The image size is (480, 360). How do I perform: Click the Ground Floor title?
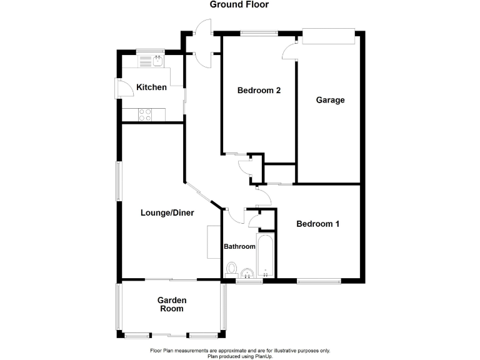(x=239, y=5)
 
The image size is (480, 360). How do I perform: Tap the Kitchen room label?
(x=152, y=87)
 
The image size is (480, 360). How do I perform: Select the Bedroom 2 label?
(x=259, y=91)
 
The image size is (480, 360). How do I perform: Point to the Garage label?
(x=330, y=100)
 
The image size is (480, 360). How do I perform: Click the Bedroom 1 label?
(x=317, y=224)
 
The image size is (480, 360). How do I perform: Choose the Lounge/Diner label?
(x=167, y=213)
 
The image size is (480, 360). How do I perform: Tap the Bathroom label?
(x=240, y=247)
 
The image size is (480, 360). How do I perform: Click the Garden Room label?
(x=171, y=304)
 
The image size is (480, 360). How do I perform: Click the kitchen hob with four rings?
(x=144, y=115)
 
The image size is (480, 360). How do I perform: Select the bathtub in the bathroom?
(x=266, y=256)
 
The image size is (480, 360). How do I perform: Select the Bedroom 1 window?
(x=319, y=281)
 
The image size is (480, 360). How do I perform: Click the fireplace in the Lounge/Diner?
(x=212, y=241)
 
